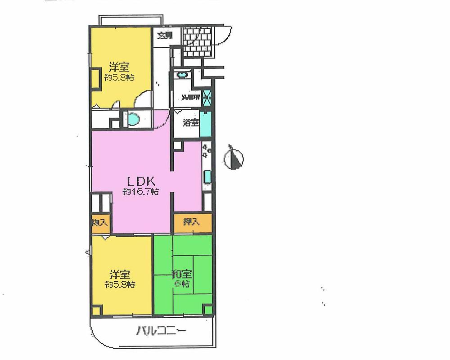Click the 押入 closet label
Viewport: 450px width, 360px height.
[193, 221]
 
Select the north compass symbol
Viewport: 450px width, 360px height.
[234, 157]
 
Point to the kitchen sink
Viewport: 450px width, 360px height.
[207, 176]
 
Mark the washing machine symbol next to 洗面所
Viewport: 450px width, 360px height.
[207, 96]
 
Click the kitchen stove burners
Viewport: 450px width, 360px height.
[207, 150]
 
